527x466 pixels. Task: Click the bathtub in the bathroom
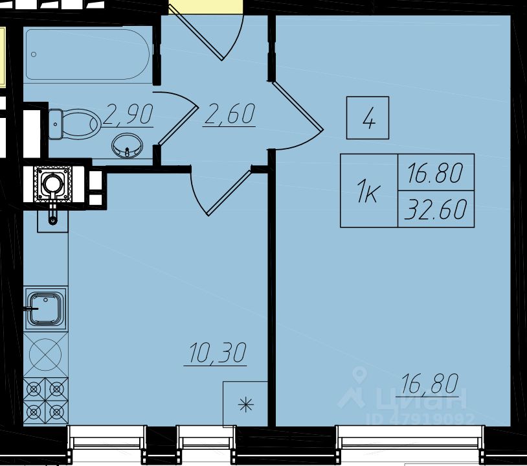click(87, 54)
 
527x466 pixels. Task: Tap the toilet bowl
click(74, 124)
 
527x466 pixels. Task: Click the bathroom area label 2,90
click(128, 115)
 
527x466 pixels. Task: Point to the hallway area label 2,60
click(229, 115)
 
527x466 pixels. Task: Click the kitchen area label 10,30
click(217, 353)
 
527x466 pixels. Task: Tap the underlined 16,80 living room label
click(429, 384)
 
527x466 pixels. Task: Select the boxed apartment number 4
click(368, 118)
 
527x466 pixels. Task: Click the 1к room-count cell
click(369, 191)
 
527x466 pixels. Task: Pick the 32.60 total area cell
click(436, 209)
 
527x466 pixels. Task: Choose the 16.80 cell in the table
click(436, 172)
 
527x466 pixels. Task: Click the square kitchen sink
click(45, 309)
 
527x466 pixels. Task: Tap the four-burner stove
click(46, 401)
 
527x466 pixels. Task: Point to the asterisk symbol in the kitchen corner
click(245, 405)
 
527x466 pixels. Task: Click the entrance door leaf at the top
click(196, 34)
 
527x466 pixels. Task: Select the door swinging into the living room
click(298, 106)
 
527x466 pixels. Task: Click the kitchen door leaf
click(229, 193)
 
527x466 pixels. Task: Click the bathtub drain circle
click(34, 54)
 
